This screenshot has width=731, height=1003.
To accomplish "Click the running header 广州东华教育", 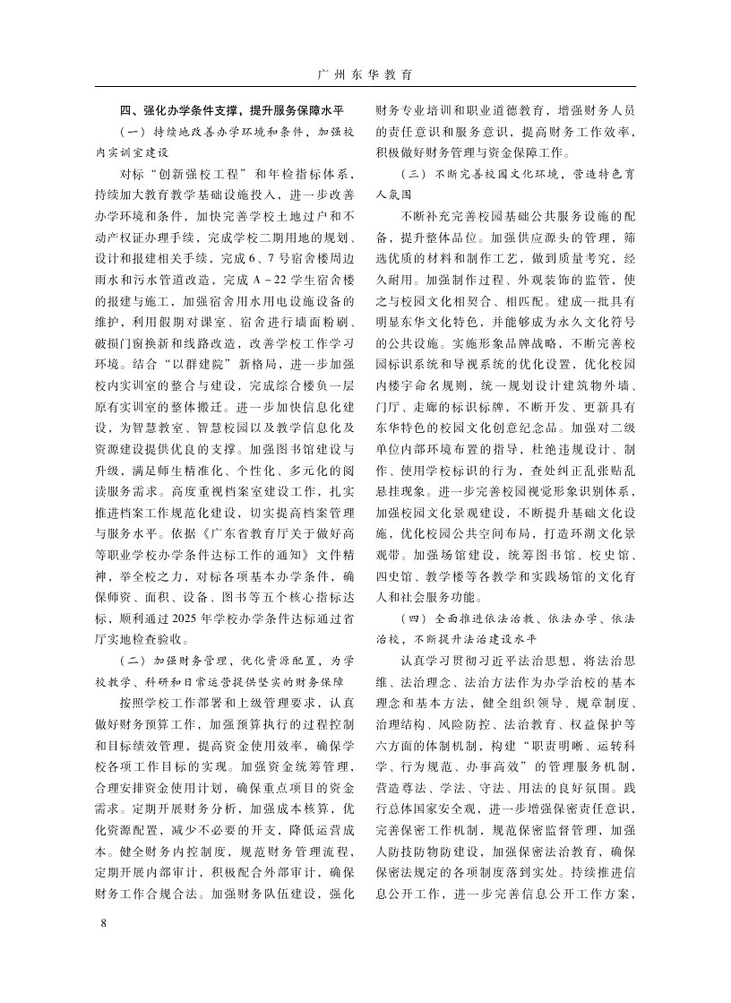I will (x=365, y=73).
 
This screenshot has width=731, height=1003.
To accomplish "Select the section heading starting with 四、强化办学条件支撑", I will (x=233, y=111).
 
